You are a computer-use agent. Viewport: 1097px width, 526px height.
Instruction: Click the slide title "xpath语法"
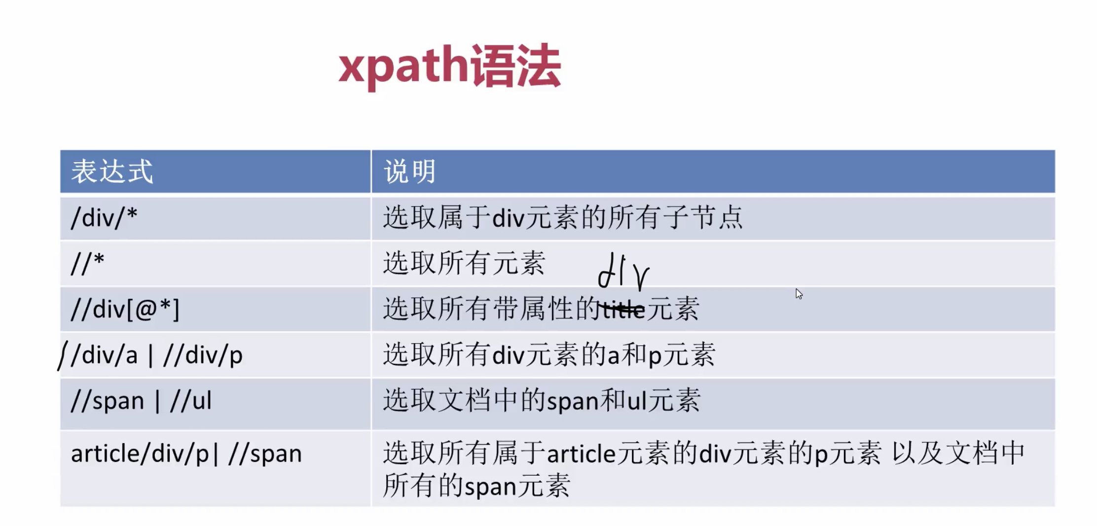449,67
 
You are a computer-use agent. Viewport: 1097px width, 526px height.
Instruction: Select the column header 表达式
112,172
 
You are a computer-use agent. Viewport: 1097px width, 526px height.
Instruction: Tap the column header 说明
409,172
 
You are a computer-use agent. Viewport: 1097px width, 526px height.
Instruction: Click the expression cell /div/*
104,217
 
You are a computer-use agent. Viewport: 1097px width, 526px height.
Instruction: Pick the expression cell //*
88,263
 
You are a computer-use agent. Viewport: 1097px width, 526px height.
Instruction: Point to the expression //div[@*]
125,310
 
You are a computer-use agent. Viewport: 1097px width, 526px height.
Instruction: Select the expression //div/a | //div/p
157,355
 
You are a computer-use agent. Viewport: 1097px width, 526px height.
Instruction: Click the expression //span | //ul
141,400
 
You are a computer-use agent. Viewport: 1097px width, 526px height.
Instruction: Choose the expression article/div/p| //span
186,454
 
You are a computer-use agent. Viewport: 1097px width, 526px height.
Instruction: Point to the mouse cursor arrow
799,294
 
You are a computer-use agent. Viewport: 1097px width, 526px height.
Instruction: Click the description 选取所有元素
464,263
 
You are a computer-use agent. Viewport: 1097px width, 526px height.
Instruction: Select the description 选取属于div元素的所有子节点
563,217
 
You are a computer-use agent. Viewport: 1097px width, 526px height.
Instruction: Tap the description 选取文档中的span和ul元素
542,400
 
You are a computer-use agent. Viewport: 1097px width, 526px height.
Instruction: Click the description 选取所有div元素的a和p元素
549,355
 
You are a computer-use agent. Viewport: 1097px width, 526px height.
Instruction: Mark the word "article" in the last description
581,454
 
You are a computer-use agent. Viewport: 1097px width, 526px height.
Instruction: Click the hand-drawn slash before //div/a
62,356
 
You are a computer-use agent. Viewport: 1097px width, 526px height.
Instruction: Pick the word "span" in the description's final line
490,487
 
